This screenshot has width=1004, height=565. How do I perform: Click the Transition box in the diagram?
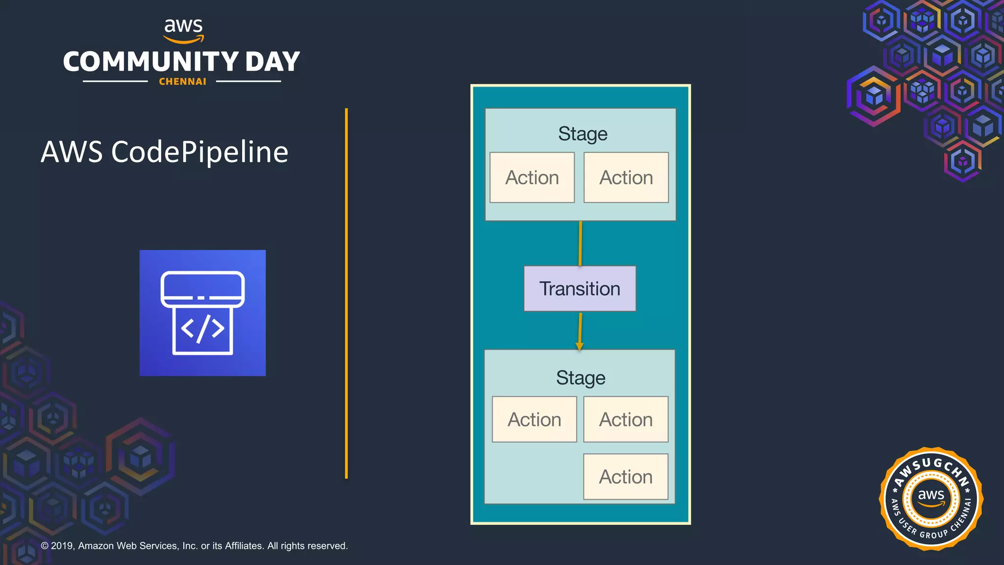579,288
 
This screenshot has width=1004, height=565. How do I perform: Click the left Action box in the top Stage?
532,178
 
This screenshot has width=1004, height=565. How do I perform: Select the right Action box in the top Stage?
626,178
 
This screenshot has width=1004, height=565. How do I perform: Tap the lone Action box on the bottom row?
626,477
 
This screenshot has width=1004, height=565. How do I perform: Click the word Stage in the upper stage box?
582,133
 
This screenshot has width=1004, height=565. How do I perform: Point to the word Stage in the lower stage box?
580,378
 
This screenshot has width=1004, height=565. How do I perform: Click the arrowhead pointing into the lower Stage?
579,346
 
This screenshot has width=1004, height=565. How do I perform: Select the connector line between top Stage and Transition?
580,243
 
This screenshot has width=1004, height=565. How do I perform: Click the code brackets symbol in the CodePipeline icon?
202,329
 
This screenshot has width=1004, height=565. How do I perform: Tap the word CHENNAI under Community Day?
182,82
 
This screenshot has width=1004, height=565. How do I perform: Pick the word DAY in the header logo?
273,62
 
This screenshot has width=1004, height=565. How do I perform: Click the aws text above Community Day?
183,26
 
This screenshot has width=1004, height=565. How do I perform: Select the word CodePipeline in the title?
200,152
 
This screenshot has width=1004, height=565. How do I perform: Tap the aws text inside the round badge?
930,495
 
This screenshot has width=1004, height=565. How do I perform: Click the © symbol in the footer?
45,546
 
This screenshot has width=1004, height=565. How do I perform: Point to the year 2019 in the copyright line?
62,546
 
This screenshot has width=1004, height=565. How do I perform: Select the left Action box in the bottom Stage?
534,420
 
